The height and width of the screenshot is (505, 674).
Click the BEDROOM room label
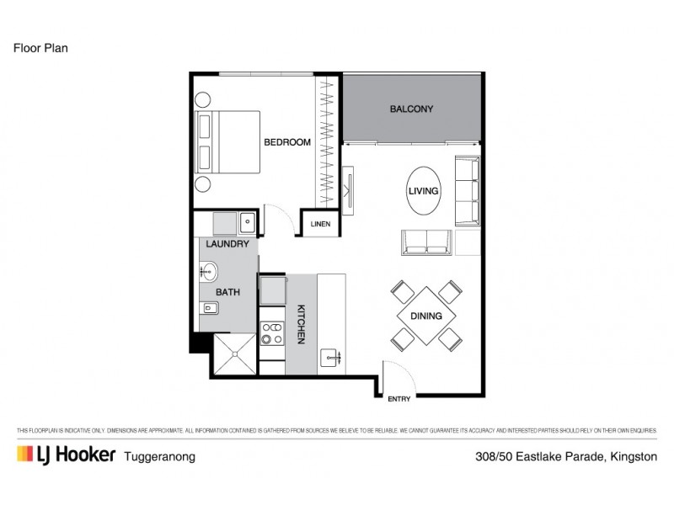pyautogui.click(x=287, y=142)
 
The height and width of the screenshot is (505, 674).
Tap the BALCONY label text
pyautogui.click(x=411, y=109)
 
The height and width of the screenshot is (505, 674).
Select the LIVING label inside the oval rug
pyautogui.click(x=423, y=191)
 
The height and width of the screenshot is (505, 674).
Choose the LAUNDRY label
pyautogui.click(x=227, y=244)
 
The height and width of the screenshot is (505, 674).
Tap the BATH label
pyautogui.click(x=227, y=293)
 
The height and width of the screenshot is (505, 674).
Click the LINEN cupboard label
pyautogui.click(x=320, y=224)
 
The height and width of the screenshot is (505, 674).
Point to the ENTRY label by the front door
pyautogui.click(x=399, y=399)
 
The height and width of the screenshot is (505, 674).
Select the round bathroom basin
pyautogui.click(x=208, y=272)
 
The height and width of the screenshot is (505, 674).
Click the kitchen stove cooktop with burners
pyautogui.click(x=271, y=332)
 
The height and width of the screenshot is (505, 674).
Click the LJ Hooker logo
pyautogui.click(x=66, y=455)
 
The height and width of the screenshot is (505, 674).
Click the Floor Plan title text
pyautogui.click(x=40, y=48)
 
